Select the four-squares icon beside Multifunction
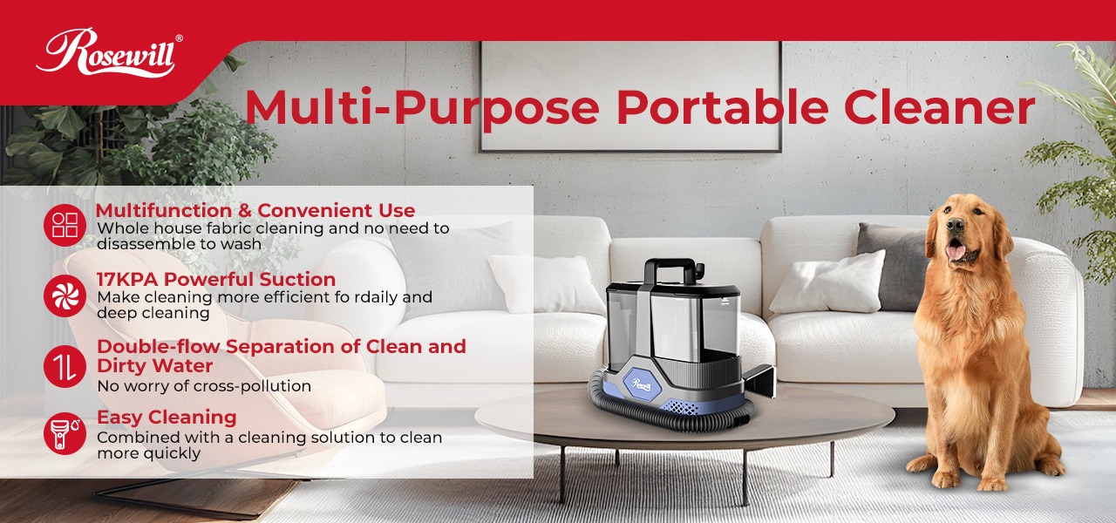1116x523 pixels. point(65,225)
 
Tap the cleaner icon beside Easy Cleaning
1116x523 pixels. point(65,433)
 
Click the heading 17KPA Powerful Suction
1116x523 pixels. point(215,280)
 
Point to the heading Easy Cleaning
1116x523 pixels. point(167,417)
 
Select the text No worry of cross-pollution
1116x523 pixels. point(204,386)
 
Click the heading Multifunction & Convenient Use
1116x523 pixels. point(255,210)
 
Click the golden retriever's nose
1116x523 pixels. point(956,236)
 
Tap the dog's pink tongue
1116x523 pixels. point(956,253)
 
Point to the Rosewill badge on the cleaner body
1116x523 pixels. point(643,384)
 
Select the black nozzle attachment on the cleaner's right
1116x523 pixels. point(759,380)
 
